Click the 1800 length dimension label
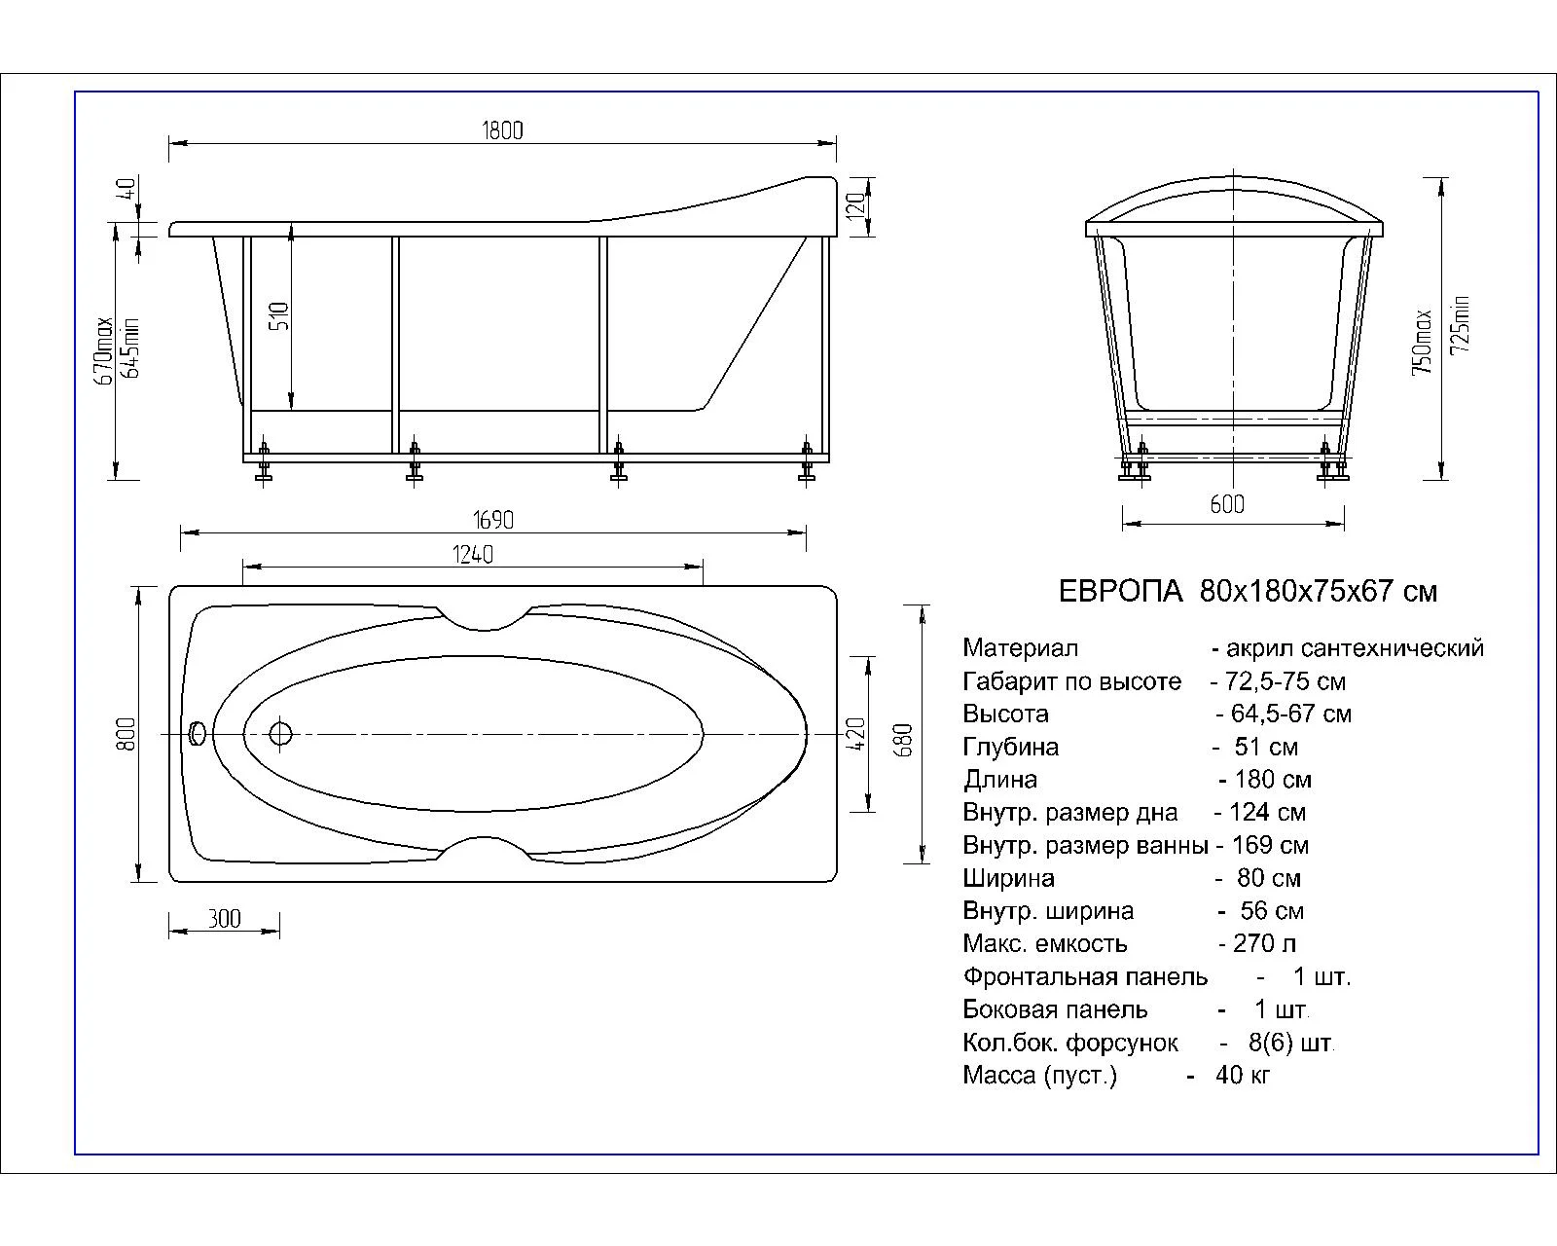[502, 130]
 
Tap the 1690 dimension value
[493, 520]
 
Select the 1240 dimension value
[473, 555]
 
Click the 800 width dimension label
[126, 734]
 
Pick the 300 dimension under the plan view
[224, 919]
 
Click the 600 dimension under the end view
[1227, 504]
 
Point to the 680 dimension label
[904, 740]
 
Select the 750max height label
[1423, 343]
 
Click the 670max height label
[106, 351]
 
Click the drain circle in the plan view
[280, 734]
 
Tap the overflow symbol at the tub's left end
[197, 733]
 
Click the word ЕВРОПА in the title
[1121, 592]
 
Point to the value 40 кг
[1243, 1075]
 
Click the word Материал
[1020, 648]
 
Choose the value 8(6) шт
[1290, 1043]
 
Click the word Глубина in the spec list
[1011, 747]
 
